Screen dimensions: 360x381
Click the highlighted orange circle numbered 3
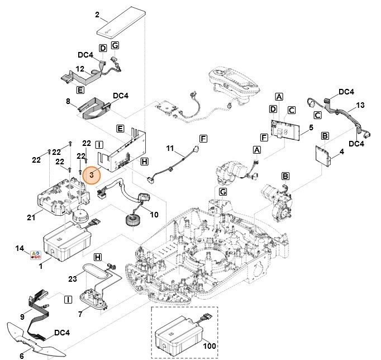point(91,174)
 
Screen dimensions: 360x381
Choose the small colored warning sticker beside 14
point(36,255)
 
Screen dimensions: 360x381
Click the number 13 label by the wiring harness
point(360,105)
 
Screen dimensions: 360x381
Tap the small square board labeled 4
point(323,155)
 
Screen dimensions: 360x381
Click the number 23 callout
point(72,278)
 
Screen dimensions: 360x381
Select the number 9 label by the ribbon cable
point(22,316)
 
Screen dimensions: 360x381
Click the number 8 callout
point(68,101)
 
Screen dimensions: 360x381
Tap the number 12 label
point(80,68)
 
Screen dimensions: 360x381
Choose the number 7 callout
point(80,314)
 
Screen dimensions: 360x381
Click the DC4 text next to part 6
point(62,333)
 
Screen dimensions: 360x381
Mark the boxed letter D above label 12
point(103,49)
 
